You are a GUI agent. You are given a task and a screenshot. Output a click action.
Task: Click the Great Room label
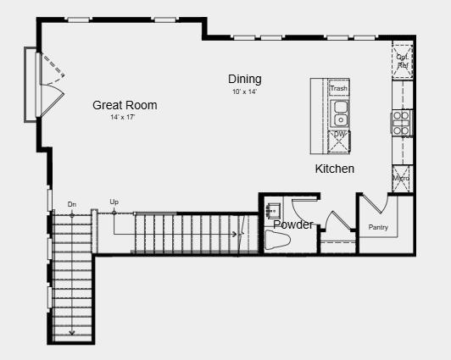pyautogui.click(x=125, y=105)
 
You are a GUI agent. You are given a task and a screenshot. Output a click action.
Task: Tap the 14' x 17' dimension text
pyautogui.click(x=122, y=117)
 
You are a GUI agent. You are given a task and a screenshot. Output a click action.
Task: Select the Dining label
pyautogui.click(x=244, y=80)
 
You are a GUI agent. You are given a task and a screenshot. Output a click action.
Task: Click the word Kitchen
pyautogui.click(x=335, y=169)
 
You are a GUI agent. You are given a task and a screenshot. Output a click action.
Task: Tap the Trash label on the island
pyautogui.click(x=338, y=88)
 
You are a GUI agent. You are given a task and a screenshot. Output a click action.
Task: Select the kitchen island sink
pyautogui.click(x=339, y=113)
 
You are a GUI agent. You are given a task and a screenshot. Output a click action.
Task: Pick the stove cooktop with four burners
pyautogui.click(x=401, y=122)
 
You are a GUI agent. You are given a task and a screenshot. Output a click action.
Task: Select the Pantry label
pyautogui.click(x=378, y=227)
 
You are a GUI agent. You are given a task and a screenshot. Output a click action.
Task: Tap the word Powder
pyautogui.click(x=293, y=224)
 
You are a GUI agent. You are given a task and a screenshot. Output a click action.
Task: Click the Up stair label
pyautogui.click(x=114, y=202)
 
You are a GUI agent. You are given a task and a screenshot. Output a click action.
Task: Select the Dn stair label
pyautogui.click(x=72, y=204)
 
